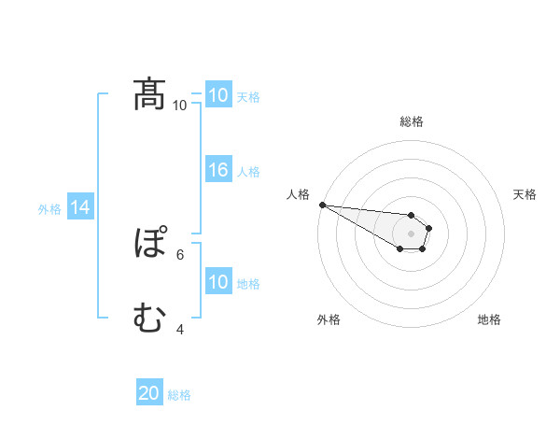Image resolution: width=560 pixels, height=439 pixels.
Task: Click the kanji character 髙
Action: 149,94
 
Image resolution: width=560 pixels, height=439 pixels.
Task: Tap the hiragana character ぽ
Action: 149,244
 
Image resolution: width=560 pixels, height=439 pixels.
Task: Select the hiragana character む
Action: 149,319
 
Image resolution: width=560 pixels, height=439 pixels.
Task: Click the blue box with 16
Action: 218,170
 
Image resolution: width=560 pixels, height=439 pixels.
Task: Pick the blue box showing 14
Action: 80,208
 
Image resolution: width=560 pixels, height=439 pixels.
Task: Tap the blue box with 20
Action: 149,393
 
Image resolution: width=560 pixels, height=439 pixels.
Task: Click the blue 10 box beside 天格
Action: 218,95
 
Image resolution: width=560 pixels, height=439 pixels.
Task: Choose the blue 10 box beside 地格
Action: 218,282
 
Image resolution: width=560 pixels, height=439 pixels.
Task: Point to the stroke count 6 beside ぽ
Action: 180,254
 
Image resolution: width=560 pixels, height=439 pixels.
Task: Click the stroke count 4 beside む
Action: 180,329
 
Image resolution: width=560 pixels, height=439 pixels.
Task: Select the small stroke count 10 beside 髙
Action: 179,105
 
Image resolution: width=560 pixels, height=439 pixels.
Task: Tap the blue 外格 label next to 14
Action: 49,209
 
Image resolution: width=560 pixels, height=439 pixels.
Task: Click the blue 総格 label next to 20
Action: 179,395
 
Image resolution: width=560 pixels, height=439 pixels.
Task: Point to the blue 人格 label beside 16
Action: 248,172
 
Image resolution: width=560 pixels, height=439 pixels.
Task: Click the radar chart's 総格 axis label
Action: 412,121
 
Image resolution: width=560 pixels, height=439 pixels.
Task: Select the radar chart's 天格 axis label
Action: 525,194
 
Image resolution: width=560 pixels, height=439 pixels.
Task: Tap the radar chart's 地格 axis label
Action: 489,319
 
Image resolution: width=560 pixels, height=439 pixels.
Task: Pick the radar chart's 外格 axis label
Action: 329,319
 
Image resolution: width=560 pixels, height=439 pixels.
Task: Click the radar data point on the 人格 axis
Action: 322,205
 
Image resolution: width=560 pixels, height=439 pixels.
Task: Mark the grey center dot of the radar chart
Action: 412,234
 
